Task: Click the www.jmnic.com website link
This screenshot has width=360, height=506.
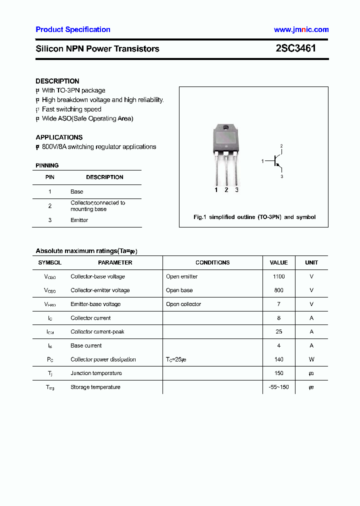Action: [301, 29]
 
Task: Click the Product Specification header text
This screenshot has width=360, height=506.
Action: [73, 29]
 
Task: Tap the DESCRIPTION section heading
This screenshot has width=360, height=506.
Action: [57, 81]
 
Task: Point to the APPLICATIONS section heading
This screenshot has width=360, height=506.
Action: [59, 137]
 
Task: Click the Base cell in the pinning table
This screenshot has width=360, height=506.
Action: [76, 191]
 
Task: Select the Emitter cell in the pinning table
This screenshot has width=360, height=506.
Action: [79, 220]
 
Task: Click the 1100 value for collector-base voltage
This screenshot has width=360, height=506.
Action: [278, 276]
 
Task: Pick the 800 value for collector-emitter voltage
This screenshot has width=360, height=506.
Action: [278, 290]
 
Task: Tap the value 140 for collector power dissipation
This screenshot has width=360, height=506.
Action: [278, 359]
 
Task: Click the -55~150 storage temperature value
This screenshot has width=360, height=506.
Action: [278, 387]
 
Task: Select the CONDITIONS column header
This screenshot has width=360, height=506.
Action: [212, 262]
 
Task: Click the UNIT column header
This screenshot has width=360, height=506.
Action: [311, 262]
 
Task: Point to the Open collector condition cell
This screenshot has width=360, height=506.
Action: [183, 304]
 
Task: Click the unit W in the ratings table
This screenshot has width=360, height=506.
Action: [311, 359]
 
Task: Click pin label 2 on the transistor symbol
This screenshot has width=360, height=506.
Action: [281, 146]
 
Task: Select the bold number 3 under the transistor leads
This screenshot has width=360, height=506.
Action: [236, 190]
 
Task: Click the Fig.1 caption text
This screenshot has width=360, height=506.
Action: [254, 217]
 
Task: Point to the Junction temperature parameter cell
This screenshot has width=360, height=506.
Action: [96, 373]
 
